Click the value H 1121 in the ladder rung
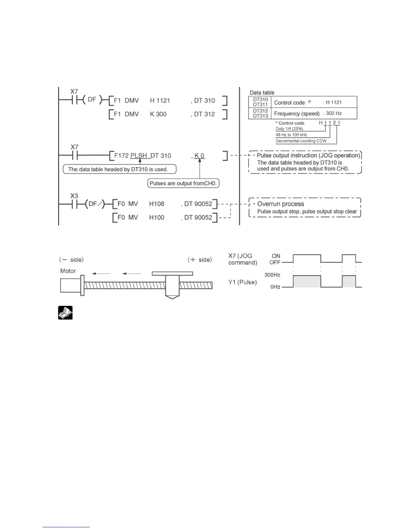pyautogui.click(x=160, y=101)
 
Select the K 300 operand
pyautogui.click(x=158, y=114)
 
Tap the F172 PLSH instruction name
pyautogui.click(x=131, y=156)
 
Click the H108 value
pyautogui.click(x=157, y=204)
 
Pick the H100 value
pyautogui.click(x=157, y=217)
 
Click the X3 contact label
pyautogui.click(x=74, y=196)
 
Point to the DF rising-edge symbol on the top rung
pyautogui.click(x=92, y=100)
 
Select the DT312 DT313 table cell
pyautogui.click(x=260, y=113)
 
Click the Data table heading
pyautogui.click(x=262, y=93)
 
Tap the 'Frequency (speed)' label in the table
pyautogui.click(x=297, y=114)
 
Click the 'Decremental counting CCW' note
pyautogui.click(x=301, y=141)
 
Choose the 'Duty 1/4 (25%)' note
pyautogui.click(x=289, y=129)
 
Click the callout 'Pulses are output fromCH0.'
pyautogui.click(x=183, y=183)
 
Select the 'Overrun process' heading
pyautogui.click(x=281, y=204)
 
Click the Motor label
pyautogui.click(x=68, y=271)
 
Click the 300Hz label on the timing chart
pyautogui.click(x=272, y=275)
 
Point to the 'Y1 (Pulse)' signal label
pyautogui.click(x=243, y=282)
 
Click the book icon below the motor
pyautogui.click(x=65, y=313)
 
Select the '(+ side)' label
pyautogui.click(x=199, y=260)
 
